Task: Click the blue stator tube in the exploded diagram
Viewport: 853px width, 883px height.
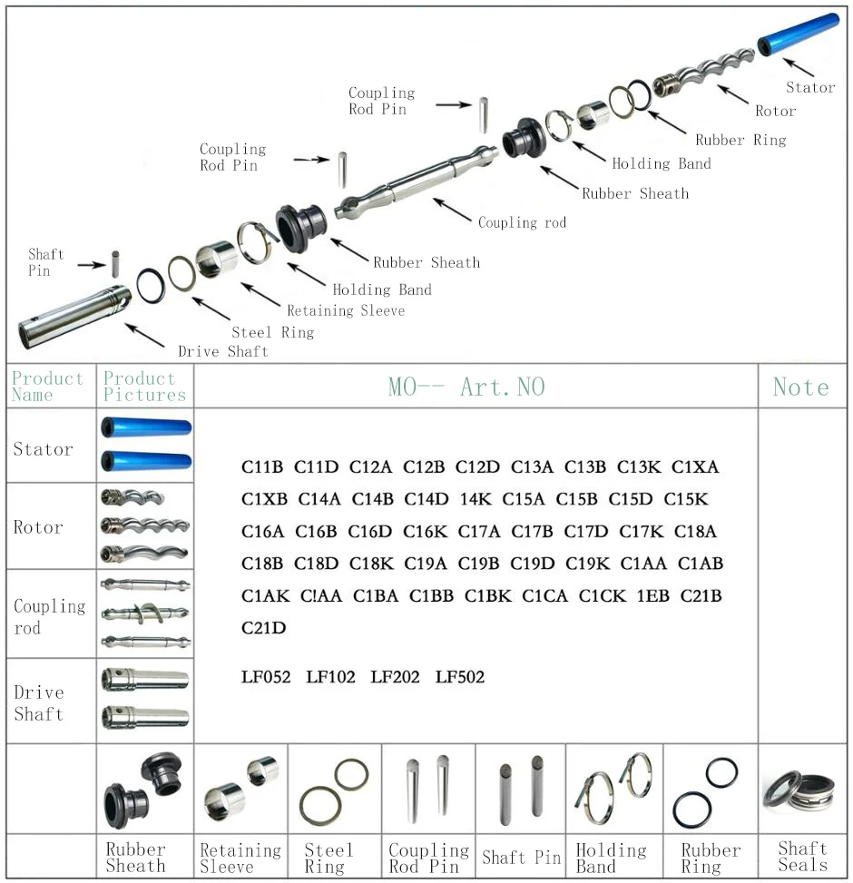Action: (x=799, y=34)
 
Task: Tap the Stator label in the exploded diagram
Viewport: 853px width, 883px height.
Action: (x=809, y=87)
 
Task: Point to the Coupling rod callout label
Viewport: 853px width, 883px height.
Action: (x=522, y=222)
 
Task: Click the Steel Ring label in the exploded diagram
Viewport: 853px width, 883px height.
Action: (x=272, y=332)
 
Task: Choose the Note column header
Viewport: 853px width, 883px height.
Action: (x=800, y=388)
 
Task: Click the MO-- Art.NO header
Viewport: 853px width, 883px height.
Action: (x=466, y=388)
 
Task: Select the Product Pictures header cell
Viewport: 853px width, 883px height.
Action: (x=144, y=387)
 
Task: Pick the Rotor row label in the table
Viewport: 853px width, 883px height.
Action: (x=38, y=527)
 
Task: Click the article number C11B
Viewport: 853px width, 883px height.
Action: (x=262, y=467)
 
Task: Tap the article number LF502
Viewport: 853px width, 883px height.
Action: (x=459, y=677)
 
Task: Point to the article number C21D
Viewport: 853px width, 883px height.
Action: (x=263, y=628)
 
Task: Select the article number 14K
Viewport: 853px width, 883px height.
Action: (x=476, y=499)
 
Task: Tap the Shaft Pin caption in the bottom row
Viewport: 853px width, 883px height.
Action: (x=521, y=858)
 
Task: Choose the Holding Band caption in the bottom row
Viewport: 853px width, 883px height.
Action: (x=611, y=858)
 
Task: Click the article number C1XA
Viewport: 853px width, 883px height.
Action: (x=695, y=467)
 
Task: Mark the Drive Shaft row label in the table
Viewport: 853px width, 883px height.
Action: (x=38, y=703)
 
